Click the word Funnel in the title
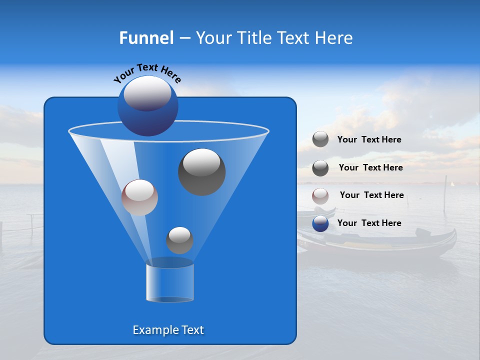146,38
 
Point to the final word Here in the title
334,38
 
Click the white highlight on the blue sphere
147,93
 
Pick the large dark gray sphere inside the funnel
201,171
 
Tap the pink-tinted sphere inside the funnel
139,197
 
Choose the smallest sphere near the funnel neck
179,240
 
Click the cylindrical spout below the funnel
169,282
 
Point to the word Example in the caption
152,330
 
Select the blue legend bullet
320,223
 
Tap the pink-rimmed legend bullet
320,196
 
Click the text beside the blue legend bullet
369,223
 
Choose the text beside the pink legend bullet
371,195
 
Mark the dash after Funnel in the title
184,38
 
